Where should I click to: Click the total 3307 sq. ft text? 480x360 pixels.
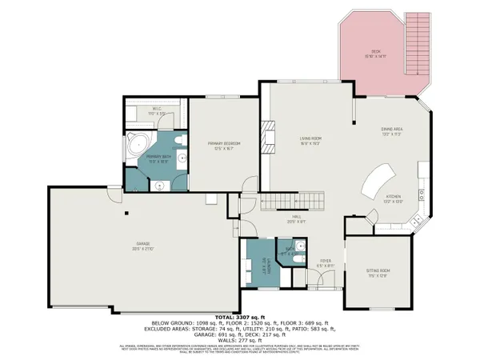point(239,318)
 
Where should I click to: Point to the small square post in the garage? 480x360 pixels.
point(126,213)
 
